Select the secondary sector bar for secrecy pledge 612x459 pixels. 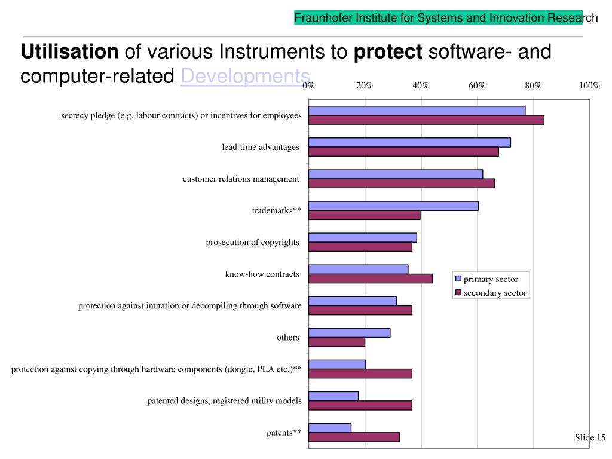[x=426, y=120]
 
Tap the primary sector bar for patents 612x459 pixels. [x=330, y=427]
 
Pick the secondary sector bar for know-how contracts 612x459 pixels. [x=371, y=278]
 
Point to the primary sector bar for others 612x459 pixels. [x=350, y=332]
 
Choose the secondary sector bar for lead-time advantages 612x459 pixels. [x=403, y=151]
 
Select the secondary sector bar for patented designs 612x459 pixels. [x=360, y=405]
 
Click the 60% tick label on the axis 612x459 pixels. [x=477, y=85]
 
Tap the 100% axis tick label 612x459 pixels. [x=589, y=85]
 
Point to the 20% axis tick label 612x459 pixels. [x=365, y=85]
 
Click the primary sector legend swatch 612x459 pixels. [x=459, y=279]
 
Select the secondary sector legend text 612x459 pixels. [x=495, y=293]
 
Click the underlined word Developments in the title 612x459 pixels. [x=246, y=76]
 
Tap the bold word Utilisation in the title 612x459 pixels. [x=70, y=52]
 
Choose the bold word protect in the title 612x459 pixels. [x=388, y=52]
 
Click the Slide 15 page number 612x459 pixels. [x=590, y=437]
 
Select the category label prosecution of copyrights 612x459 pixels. [x=252, y=242]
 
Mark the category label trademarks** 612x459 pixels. [x=276, y=210]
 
